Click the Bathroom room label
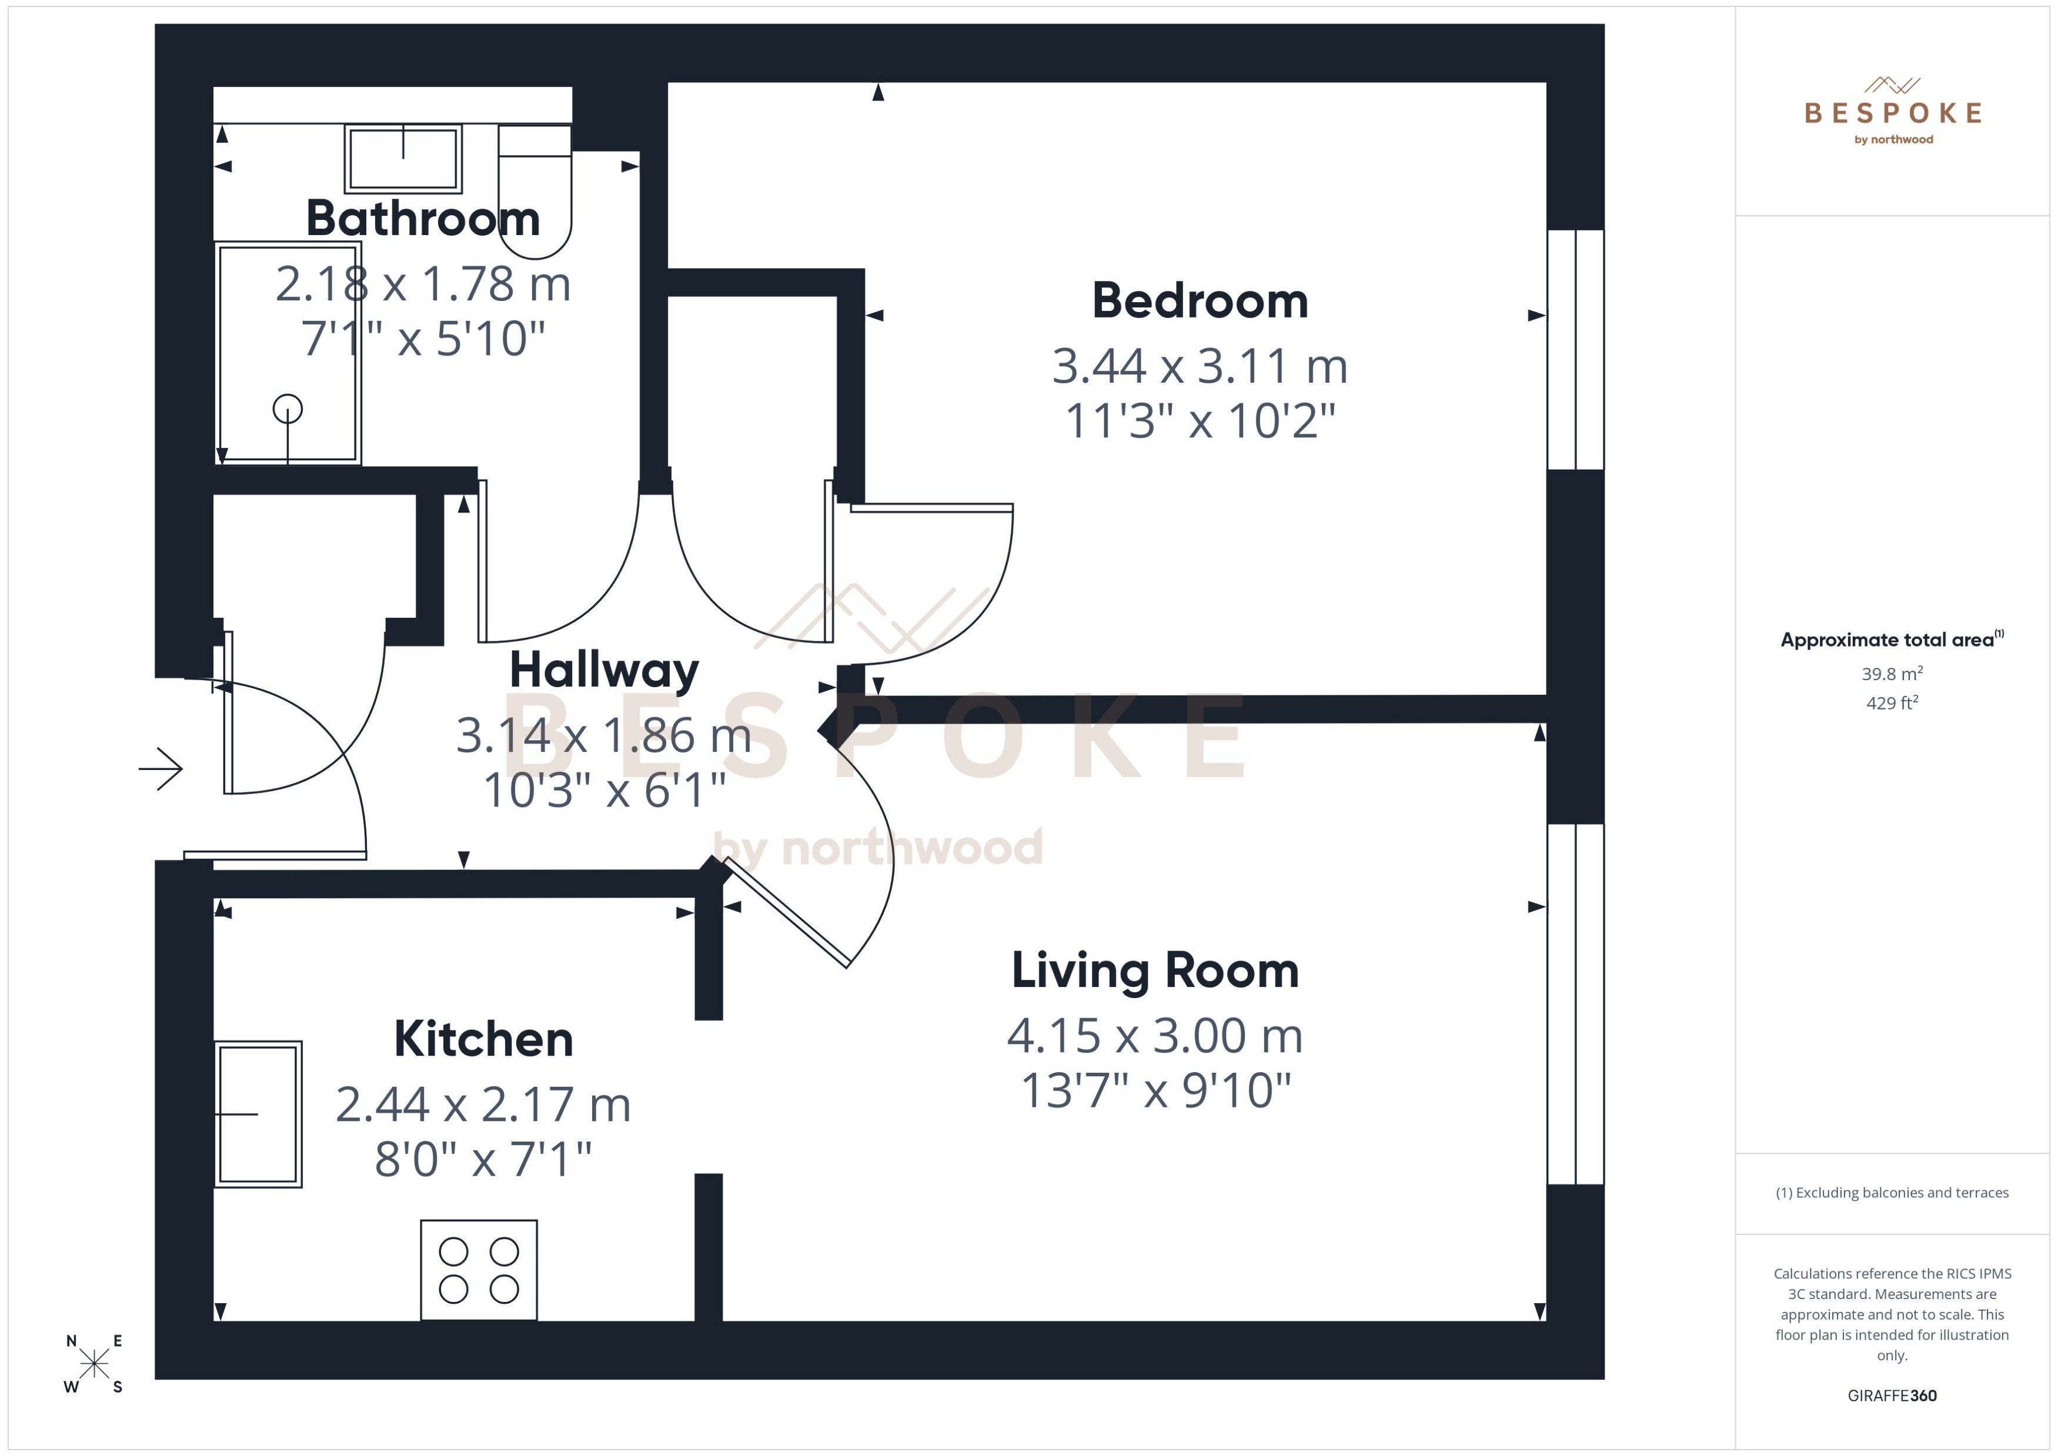(x=422, y=218)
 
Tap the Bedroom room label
(x=1199, y=300)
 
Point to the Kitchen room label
(x=483, y=1039)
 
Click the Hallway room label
(x=603, y=670)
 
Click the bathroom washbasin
(x=403, y=159)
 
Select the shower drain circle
(x=288, y=410)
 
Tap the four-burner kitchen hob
(x=479, y=1270)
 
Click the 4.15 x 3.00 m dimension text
(x=1155, y=1036)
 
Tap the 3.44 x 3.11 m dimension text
(x=1199, y=366)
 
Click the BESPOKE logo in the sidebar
(x=1892, y=112)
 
